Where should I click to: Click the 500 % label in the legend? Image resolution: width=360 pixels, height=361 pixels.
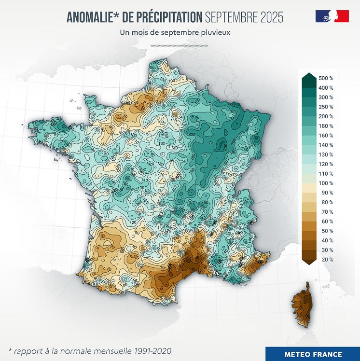(x=326, y=78)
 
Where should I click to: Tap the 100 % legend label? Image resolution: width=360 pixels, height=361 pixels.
(x=326, y=183)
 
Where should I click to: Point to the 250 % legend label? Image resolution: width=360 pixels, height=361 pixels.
(x=326, y=107)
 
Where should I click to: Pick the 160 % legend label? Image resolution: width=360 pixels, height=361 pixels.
(x=326, y=136)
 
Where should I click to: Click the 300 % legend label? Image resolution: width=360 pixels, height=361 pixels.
(x=326, y=97)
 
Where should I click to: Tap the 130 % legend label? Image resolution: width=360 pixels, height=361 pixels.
(x=326, y=154)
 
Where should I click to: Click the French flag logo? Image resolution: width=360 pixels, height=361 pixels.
(x=332, y=16)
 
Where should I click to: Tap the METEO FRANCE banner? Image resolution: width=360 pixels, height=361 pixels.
(x=313, y=354)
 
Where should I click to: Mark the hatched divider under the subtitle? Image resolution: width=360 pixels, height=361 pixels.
(x=179, y=46)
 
